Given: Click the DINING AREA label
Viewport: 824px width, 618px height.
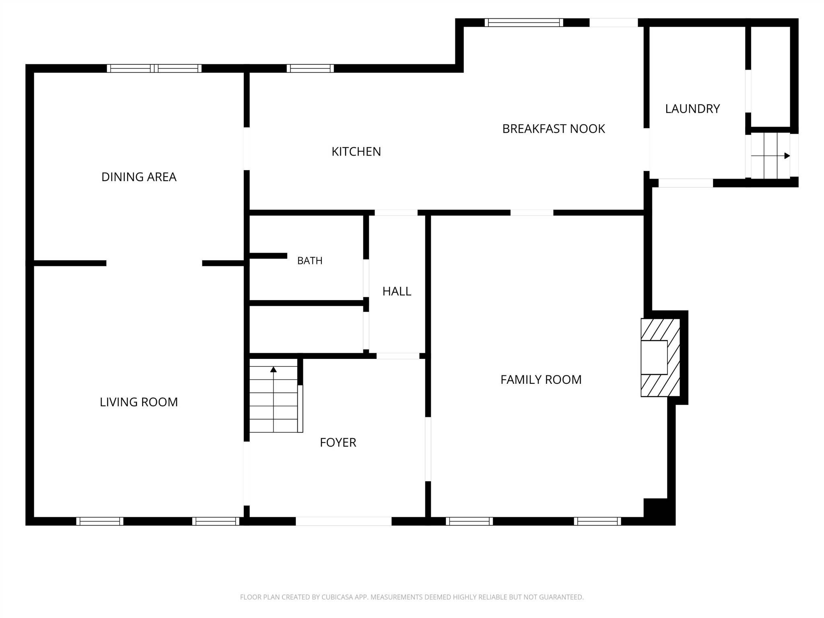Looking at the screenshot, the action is coord(139,177).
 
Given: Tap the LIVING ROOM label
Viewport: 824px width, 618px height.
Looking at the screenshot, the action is coord(139,402).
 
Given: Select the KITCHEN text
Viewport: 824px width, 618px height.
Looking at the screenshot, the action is coord(356,152).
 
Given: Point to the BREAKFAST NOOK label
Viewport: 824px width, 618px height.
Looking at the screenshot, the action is coord(554,129).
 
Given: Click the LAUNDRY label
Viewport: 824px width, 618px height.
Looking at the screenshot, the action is coord(692,109).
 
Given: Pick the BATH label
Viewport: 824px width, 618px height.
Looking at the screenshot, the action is coord(310,261).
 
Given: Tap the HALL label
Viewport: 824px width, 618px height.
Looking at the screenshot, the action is coord(397,291).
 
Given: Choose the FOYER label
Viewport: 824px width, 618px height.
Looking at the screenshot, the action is coord(338,443).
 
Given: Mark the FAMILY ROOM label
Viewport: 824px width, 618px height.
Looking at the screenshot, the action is coord(541,380).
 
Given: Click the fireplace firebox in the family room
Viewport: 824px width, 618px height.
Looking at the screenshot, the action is coord(654,358).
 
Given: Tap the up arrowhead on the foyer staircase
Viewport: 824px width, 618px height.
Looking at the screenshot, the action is coord(274,369).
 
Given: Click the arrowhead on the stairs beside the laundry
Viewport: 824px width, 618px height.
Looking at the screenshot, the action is coord(787,156).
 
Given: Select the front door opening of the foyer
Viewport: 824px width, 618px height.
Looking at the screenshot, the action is coord(344,521).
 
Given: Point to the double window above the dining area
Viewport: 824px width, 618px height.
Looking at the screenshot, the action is coord(154,68).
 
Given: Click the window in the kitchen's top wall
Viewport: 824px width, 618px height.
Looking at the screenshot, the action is coord(310,68).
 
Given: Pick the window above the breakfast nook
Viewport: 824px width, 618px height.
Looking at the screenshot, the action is coord(524,23).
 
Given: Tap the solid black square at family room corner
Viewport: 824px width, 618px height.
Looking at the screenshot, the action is coord(656,511).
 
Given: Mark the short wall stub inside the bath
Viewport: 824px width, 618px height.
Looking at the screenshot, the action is coord(268,256).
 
